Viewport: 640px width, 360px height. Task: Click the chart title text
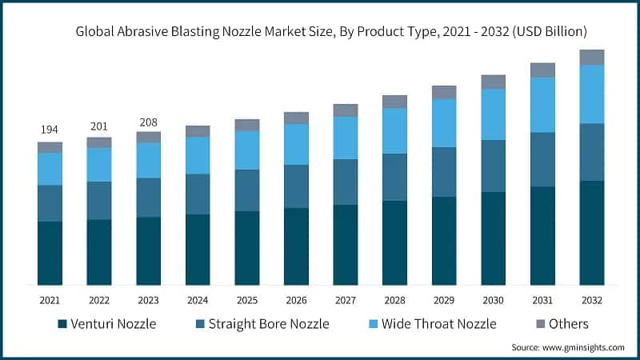pos(332,33)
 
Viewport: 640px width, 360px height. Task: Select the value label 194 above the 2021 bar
pos(50,130)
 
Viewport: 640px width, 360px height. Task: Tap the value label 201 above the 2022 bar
pos(99,125)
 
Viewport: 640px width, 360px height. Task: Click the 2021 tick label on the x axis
pos(50,300)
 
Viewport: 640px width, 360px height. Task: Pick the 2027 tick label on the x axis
pos(346,300)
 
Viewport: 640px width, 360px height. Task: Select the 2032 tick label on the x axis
pos(591,300)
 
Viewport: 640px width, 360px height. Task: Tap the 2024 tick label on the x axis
pos(198,300)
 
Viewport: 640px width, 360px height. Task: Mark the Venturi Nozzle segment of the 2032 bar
pos(591,233)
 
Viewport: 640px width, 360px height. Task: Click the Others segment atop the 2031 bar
pos(542,70)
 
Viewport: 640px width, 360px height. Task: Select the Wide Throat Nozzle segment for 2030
pos(493,114)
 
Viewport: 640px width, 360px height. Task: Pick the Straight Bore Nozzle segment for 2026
pos(296,186)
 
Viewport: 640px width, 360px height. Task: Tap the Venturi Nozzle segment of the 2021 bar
pos(50,253)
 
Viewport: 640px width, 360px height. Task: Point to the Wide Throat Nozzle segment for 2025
pos(246,150)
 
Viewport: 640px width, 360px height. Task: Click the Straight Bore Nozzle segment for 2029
pos(444,172)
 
